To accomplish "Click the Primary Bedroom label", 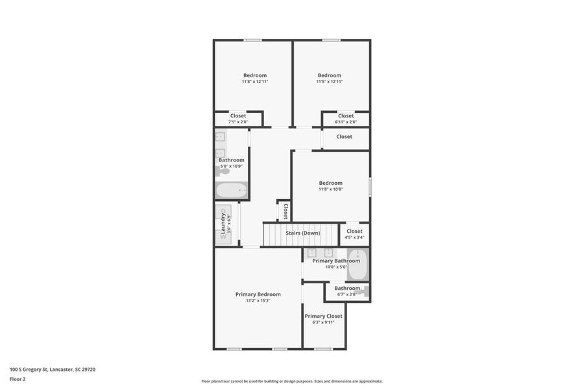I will click(258, 294).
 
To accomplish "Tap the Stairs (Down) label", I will click(302, 233).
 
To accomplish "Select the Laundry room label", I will click(222, 224).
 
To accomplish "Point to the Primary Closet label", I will click(323, 316).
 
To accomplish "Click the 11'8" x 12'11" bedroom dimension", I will click(255, 82).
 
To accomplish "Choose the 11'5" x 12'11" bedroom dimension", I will click(330, 82).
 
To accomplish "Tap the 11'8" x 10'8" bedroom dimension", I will click(330, 189).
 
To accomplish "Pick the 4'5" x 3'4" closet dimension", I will click(354, 237).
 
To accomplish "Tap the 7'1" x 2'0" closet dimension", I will click(238, 122).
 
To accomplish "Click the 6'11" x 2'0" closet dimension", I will click(346, 122).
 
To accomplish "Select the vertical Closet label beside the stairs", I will click(284, 211).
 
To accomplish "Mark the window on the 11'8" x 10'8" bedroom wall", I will click(370, 187).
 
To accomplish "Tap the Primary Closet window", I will click(323, 349).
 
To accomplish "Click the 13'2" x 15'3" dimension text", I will click(258, 301).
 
